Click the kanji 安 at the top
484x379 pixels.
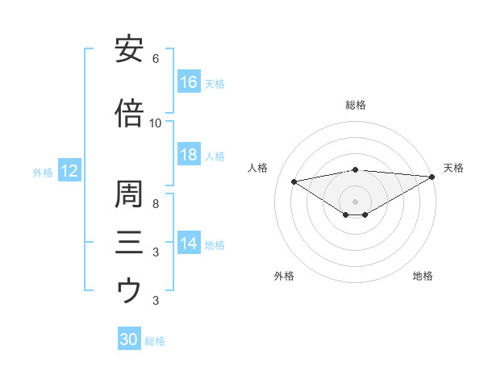click(129, 50)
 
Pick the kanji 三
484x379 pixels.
click(129, 243)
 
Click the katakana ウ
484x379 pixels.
click(129, 290)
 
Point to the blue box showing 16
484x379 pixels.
click(189, 82)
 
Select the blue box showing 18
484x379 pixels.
click(189, 155)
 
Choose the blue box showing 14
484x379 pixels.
click(189, 244)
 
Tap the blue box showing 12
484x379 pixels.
click(69, 171)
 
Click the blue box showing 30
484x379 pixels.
click(129, 339)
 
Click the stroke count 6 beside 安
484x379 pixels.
click(156, 59)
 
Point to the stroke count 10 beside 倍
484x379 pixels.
click(156, 123)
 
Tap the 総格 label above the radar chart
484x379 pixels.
click(356, 105)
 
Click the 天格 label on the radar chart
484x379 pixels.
click(453, 168)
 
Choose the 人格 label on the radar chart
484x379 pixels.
click(258, 168)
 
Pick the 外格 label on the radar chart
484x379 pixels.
click(284, 276)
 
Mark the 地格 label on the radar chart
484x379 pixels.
click(423, 276)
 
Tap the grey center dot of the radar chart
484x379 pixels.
click(355, 200)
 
